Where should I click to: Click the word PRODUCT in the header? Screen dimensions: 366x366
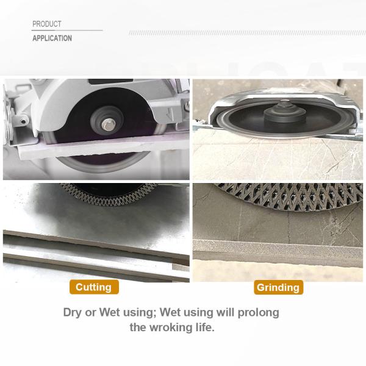[x=47, y=24]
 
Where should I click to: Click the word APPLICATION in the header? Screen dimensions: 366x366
[x=52, y=38]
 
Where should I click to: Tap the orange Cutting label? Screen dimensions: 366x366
[x=94, y=287]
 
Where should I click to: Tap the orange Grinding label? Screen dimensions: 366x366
[x=278, y=287]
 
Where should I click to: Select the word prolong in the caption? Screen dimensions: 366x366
[x=258, y=313]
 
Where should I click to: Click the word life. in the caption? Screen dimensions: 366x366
[x=205, y=327]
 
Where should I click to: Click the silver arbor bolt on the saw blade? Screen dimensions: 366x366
[x=107, y=124]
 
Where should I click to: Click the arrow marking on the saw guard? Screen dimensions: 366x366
[x=171, y=113]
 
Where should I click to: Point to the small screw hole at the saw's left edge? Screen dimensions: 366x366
[x=23, y=121]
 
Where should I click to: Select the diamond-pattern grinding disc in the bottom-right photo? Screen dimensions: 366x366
[x=289, y=196]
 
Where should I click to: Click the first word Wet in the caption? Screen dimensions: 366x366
[x=109, y=312]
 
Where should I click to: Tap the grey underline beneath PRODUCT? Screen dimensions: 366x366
[x=67, y=30]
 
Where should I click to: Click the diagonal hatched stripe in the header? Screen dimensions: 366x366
[x=247, y=33]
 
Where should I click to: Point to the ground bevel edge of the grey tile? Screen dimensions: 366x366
[x=278, y=249]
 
